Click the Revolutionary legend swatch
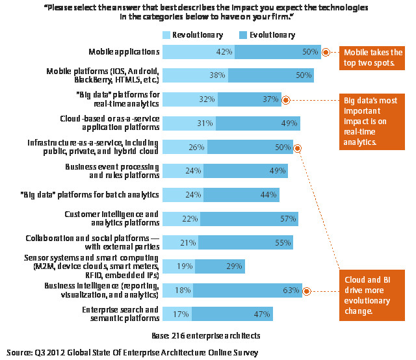[166, 34]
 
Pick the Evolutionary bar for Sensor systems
[220, 266]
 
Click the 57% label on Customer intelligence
[289, 219]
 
